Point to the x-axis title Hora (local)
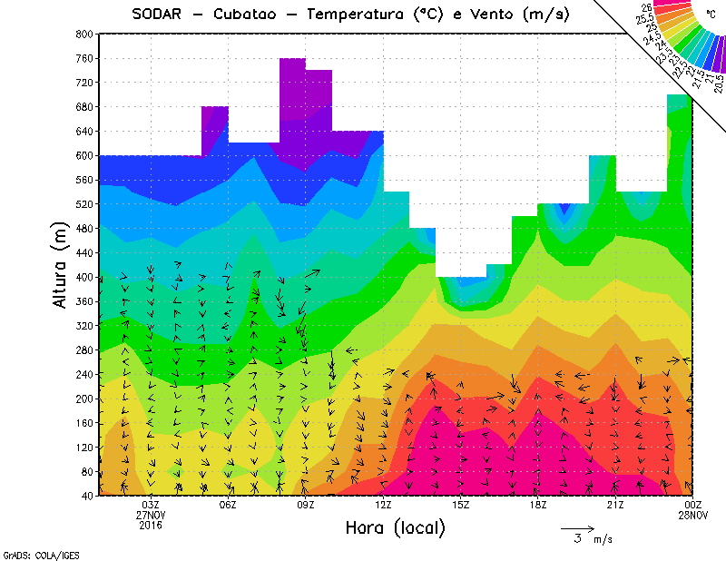point(396,527)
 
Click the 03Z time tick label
point(151,505)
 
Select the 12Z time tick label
point(383,505)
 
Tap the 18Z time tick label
point(537,505)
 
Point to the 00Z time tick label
point(692,505)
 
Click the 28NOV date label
point(692,515)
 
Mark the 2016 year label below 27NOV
point(151,525)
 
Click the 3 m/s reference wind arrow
point(576,527)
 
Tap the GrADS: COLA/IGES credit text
point(30,554)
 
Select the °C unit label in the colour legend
point(711,15)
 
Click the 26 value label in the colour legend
point(646,7)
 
